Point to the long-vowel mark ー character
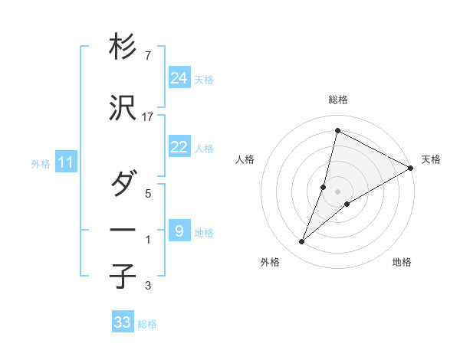(123, 229)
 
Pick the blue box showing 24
(179, 77)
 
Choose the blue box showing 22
(179, 147)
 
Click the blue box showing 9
(179, 231)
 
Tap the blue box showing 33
(123, 322)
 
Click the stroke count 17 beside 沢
(149, 117)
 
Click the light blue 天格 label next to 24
(204, 79)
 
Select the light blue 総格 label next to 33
(147, 324)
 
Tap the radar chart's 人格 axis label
(245, 159)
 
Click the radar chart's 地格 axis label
(402, 262)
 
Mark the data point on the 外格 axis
(301, 242)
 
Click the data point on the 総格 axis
(337, 130)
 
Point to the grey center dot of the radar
(337, 191)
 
